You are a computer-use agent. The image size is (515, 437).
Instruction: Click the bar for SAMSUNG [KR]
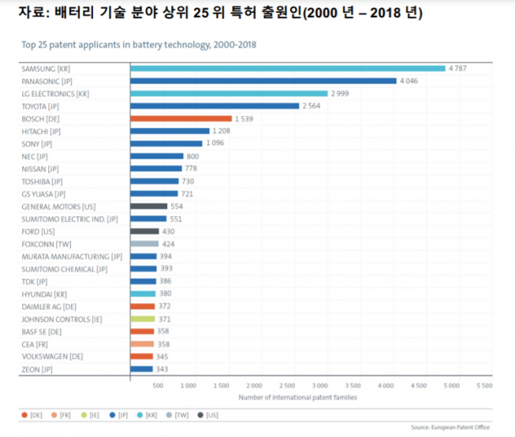(x=287, y=69)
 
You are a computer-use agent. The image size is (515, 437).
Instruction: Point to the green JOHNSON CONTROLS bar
(x=142, y=319)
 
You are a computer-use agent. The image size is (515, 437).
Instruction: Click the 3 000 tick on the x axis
(x=319, y=386)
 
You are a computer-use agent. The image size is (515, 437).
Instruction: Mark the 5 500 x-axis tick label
(x=483, y=386)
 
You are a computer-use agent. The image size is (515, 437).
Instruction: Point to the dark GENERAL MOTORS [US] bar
(x=148, y=206)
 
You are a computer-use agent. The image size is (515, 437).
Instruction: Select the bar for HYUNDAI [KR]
(x=143, y=293)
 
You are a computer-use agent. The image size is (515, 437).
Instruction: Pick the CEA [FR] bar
(x=142, y=344)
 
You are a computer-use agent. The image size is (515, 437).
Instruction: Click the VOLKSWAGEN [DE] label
(x=50, y=357)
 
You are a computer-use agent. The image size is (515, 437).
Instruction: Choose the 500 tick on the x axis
(x=158, y=386)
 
